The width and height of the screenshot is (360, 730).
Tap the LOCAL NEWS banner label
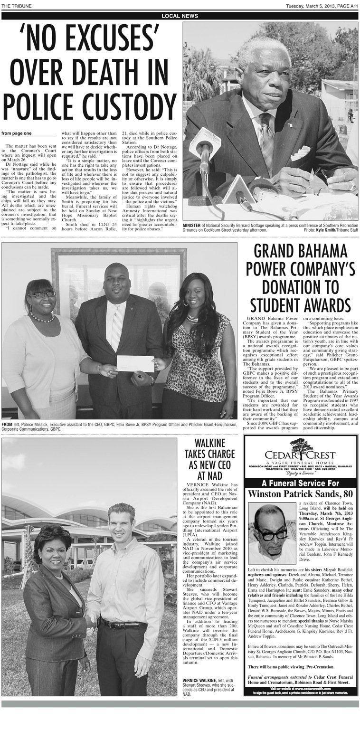click(180, 16)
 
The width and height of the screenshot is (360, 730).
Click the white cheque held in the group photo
click(135, 363)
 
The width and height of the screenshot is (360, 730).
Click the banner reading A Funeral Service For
click(300, 483)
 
